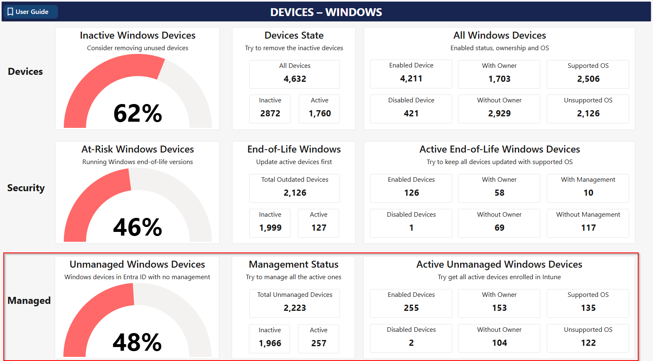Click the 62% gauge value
(137, 113)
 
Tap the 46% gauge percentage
(137, 227)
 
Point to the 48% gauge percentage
(137, 342)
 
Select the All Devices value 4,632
(295, 79)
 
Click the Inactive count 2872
(270, 113)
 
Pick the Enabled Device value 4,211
(411, 79)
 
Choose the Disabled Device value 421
(411, 113)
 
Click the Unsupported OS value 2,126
(588, 113)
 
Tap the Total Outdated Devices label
(295, 180)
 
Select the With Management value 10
(588, 193)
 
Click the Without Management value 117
(588, 228)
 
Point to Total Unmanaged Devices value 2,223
(295, 308)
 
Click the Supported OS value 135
(588, 308)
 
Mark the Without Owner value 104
(499, 343)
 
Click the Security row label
(26, 188)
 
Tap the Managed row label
(29, 301)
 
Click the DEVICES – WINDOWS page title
(326, 12)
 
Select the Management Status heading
(293, 264)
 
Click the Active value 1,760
(320, 113)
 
